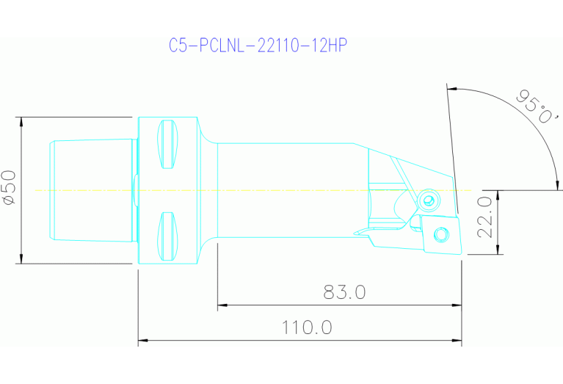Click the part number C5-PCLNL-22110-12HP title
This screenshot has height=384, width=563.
(x=257, y=46)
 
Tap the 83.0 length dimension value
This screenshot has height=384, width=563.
(x=344, y=291)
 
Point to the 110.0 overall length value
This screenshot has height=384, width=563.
(x=307, y=327)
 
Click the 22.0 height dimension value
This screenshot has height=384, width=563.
(x=484, y=217)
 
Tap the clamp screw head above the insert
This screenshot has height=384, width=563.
(x=428, y=200)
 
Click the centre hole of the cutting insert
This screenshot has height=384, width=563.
(x=440, y=234)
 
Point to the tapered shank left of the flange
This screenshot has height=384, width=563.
(x=91, y=189)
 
